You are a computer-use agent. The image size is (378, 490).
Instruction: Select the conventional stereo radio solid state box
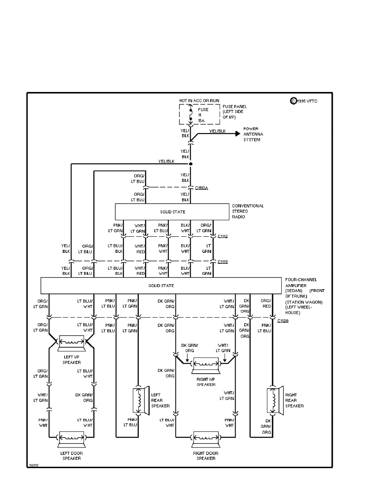click(172, 212)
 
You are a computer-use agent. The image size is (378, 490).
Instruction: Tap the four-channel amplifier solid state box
click(161, 285)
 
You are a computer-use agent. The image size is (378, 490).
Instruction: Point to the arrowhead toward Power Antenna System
click(237, 134)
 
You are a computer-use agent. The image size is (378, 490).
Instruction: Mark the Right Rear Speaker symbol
click(273, 400)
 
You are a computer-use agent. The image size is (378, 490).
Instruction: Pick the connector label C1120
click(283, 320)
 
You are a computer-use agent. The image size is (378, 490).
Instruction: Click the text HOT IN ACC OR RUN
click(199, 101)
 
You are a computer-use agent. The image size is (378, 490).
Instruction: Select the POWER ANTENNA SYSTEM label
click(253, 134)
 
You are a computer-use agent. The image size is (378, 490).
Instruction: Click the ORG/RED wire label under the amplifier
click(266, 304)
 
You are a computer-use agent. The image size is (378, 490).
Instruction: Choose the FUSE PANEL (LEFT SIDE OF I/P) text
click(235, 111)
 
